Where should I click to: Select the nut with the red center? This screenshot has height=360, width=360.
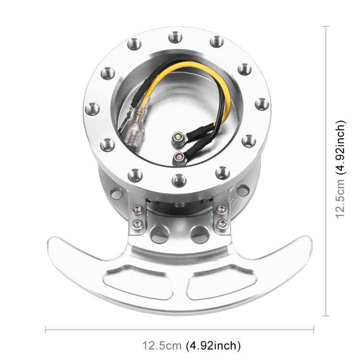[177, 157]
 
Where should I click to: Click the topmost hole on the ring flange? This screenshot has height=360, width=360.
[175, 37]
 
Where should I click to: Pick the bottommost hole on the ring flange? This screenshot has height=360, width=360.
[178, 180]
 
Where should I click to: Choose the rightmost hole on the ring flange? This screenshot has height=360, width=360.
[262, 104]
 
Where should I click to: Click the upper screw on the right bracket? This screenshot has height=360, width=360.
[221, 209]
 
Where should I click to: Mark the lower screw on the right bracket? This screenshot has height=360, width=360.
[221, 224]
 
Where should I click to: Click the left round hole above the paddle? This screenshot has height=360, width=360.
[159, 235]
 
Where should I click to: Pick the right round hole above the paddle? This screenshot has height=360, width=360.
[199, 235]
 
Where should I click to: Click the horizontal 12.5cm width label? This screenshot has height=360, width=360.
[191, 345]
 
